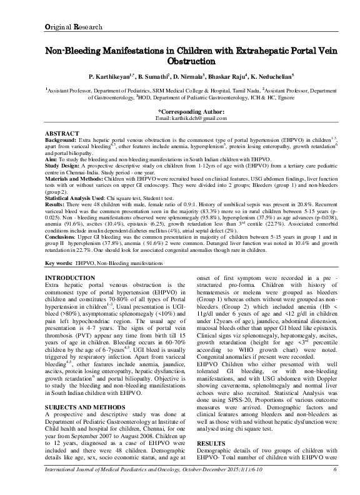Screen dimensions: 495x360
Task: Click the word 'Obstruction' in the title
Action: pyautogui.click(x=179, y=62)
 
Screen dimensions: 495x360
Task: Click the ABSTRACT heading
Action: pyautogui.click(x=63, y=134)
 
